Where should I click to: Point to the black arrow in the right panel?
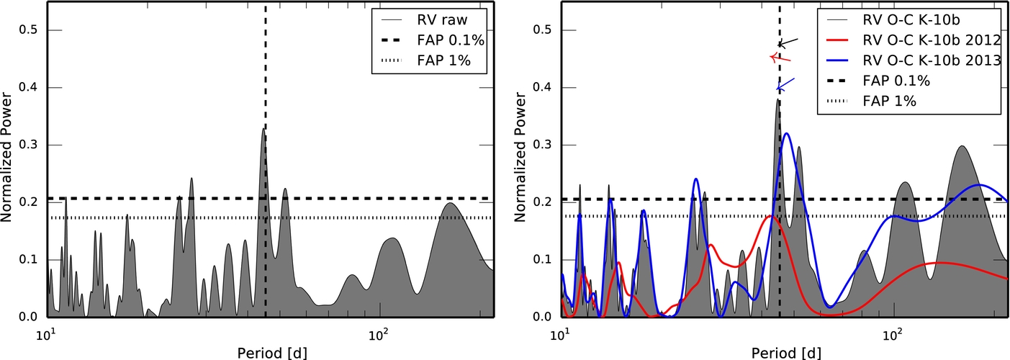(x=788, y=43)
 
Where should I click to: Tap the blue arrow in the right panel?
(x=785, y=84)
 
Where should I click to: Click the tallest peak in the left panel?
(x=263, y=129)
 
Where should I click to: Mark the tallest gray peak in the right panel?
(x=777, y=99)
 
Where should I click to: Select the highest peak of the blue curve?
(x=787, y=133)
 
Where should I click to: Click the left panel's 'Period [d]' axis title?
(x=272, y=352)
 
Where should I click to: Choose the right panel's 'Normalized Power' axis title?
(x=520, y=157)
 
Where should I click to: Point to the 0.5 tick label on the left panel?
(x=27, y=30)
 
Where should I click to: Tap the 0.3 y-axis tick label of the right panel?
(x=541, y=145)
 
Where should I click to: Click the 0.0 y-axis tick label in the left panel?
(x=27, y=317)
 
